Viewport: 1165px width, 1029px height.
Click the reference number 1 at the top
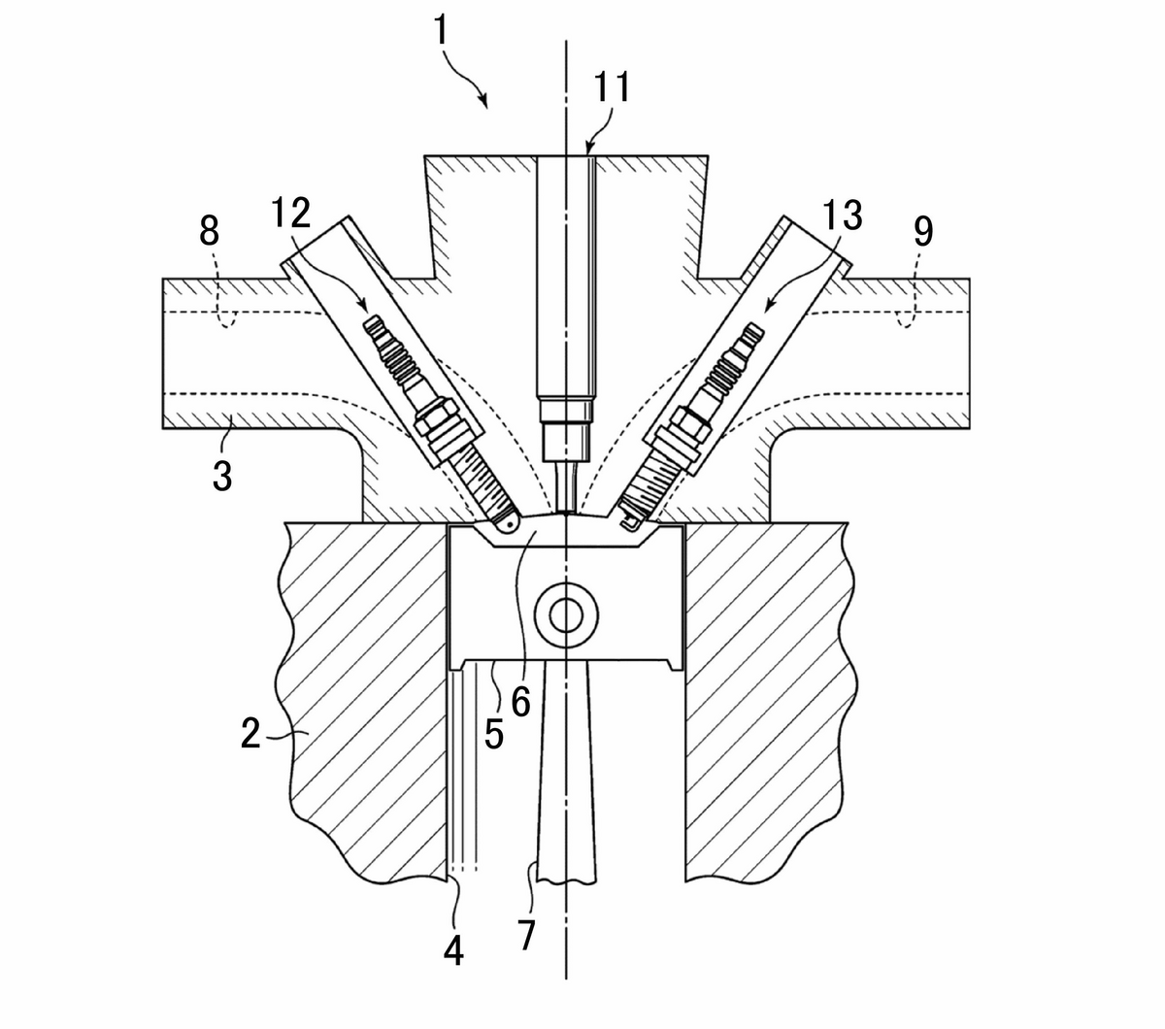(x=441, y=30)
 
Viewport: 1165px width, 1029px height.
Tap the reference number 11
(x=612, y=87)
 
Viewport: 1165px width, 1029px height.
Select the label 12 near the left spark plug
(x=290, y=213)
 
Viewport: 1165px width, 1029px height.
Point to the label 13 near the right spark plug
(x=842, y=216)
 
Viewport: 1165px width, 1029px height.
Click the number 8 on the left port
(x=209, y=231)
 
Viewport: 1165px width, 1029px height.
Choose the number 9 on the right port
(x=923, y=231)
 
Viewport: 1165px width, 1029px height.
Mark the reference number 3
(x=222, y=475)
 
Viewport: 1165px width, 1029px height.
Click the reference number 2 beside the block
(x=250, y=733)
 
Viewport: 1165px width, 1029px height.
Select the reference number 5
(x=494, y=735)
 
